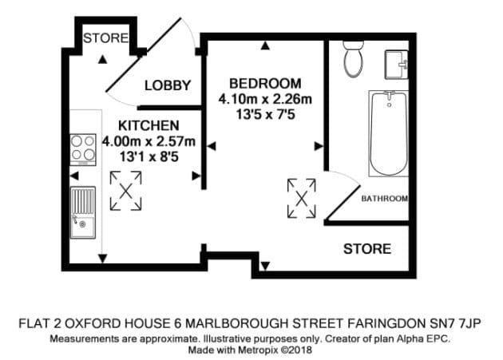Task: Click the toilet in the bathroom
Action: click(x=353, y=59)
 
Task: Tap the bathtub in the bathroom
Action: click(x=389, y=133)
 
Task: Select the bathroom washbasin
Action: click(x=397, y=65)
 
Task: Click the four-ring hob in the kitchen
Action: click(x=83, y=149)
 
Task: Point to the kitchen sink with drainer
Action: click(x=83, y=212)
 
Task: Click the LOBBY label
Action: click(x=168, y=85)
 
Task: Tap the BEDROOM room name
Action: click(x=265, y=84)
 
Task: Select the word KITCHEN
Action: click(x=149, y=125)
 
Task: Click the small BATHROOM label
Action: click(x=385, y=199)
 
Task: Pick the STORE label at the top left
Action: click(x=105, y=38)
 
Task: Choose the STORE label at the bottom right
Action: click(x=367, y=249)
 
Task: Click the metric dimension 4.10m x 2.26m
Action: click(x=265, y=99)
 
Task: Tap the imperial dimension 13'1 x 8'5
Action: click(x=149, y=157)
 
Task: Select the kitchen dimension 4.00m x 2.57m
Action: click(x=149, y=141)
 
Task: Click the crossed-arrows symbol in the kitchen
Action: click(x=126, y=191)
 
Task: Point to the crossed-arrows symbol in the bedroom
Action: click(x=302, y=199)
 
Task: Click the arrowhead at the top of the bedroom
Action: click(x=264, y=45)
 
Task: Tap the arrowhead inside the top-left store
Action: click(x=102, y=59)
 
